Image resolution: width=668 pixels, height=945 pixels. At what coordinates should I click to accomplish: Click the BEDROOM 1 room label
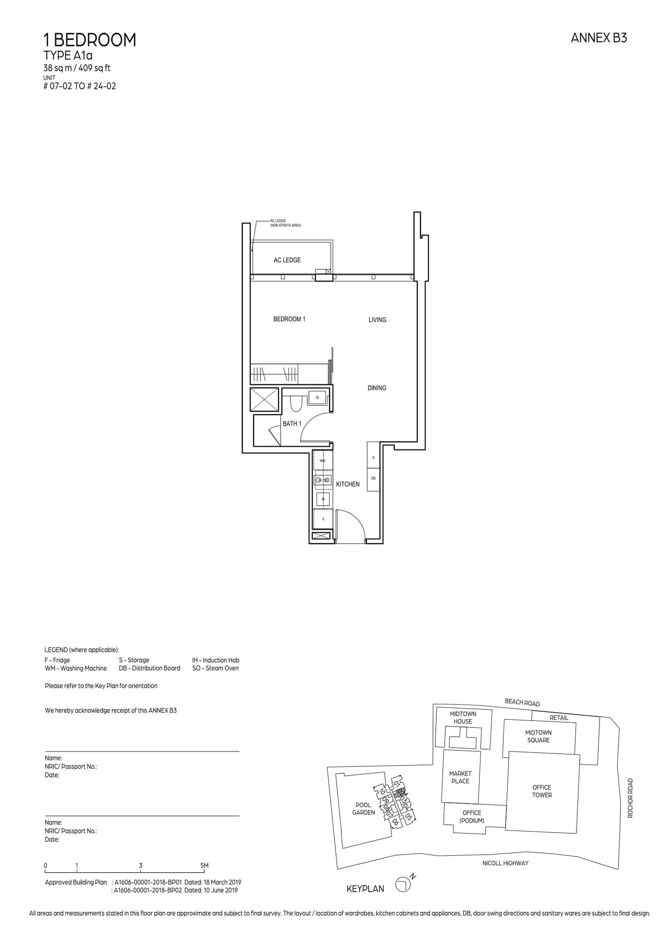pyautogui.click(x=289, y=319)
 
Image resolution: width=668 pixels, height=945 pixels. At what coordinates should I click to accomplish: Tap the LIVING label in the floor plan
pyautogui.click(x=377, y=320)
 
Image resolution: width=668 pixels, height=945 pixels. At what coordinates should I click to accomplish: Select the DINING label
pyautogui.click(x=377, y=388)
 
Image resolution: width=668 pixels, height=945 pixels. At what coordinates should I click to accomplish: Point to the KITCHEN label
pyautogui.click(x=347, y=484)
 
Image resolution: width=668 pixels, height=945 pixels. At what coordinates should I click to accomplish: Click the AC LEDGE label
pyautogui.click(x=287, y=260)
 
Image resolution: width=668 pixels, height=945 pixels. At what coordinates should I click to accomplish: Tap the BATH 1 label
pyautogui.click(x=292, y=424)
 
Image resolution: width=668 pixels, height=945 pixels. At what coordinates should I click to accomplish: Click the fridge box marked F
pyautogui.click(x=323, y=519)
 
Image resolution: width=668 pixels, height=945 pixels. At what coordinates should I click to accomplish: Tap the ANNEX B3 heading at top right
pyautogui.click(x=598, y=38)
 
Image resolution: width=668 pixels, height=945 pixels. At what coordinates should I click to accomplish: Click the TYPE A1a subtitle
pyautogui.click(x=68, y=56)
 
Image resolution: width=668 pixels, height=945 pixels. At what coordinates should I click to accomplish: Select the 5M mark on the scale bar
pyautogui.click(x=204, y=866)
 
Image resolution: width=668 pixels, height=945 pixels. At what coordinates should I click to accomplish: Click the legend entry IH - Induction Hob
pyautogui.click(x=215, y=660)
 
